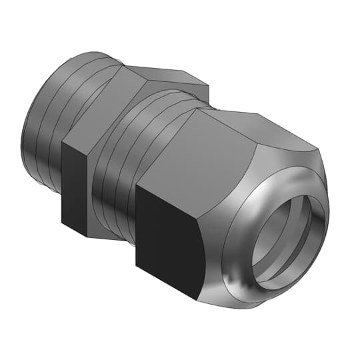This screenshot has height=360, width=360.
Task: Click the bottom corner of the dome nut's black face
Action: [x=198, y=298]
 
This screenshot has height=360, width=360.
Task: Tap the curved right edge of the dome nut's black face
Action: [x=199, y=253]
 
